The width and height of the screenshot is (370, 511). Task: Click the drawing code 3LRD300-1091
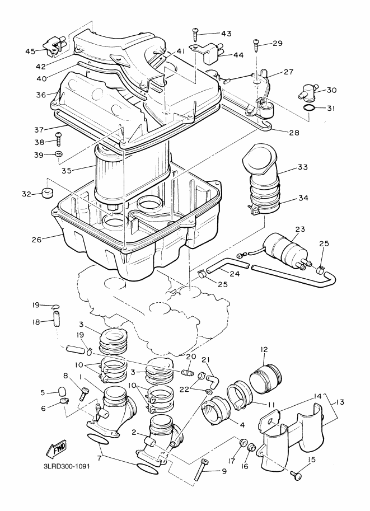tap(67, 466)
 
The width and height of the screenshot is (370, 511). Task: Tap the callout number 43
tap(226, 34)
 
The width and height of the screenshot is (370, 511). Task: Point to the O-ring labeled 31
tap(310, 109)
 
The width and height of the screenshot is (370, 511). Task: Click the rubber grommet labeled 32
tap(48, 193)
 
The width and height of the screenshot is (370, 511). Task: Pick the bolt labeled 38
tap(59, 139)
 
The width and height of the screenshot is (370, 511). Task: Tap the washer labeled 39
tap(59, 154)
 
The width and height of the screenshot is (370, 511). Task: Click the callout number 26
tap(36, 240)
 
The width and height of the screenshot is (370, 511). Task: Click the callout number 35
tap(67, 171)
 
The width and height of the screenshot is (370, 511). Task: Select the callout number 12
tap(264, 349)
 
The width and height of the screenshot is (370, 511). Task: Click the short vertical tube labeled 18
tap(57, 317)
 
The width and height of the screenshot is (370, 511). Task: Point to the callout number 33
tap(302, 167)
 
